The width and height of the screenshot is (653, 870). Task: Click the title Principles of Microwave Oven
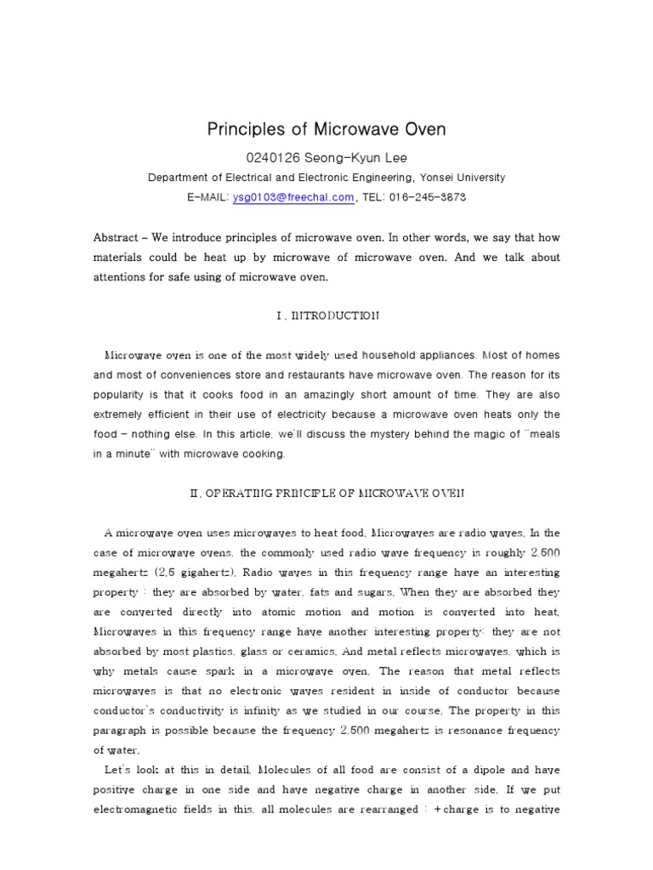pyautogui.click(x=326, y=130)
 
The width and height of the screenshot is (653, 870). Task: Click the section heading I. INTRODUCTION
pyautogui.click(x=326, y=316)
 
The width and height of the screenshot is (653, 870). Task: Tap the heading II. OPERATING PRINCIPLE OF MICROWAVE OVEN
pyautogui.click(x=326, y=493)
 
